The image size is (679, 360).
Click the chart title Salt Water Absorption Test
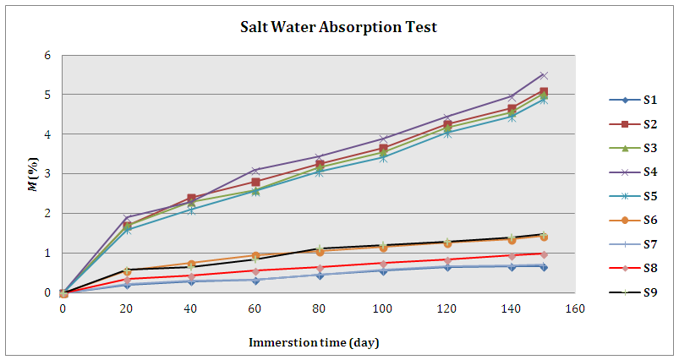pyautogui.click(x=338, y=27)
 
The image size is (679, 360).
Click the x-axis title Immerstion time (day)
pyautogui.click(x=313, y=342)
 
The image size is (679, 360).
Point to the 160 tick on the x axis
pyautogui.click(x=575, y=308)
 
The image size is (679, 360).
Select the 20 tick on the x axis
pyautogui.click(x=127, y=308)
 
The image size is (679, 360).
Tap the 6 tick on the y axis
pyautogui.click(x=48, y=56)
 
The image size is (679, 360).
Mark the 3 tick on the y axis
pyautogui.click(x=48, y=174)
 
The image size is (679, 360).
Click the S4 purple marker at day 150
pyautogui.click(x=544, y=76)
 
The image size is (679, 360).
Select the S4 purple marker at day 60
pyautogui.click(x=255, y=171)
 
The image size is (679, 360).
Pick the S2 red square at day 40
pyautogui.click(x=191, y=199)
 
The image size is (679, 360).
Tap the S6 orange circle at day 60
pyautogui.click(x=255, y=255)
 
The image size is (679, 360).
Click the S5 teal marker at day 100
pyautogui.click(x=383, y=158)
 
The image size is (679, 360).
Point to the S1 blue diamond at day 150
pyautogui.click(x=544, y=267)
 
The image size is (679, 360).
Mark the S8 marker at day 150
pyautogui.click(x=544, y=254)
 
